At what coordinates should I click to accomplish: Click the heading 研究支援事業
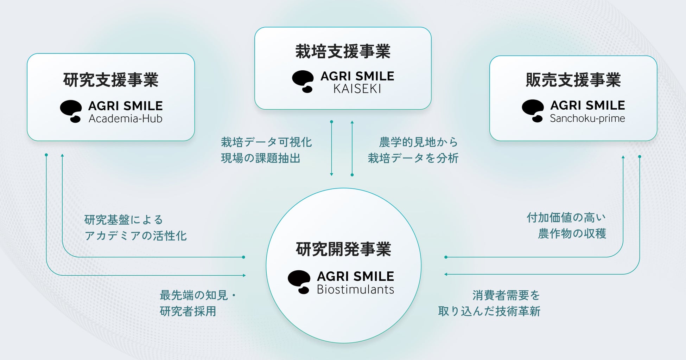pos(111,80)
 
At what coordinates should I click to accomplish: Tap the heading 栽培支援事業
pos(343,52)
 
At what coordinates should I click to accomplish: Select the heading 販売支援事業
pos(573,80)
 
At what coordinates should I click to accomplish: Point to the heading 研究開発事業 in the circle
pos(343,250)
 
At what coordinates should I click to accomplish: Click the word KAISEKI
pos(357,89)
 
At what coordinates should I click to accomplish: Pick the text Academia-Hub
pos(126,119)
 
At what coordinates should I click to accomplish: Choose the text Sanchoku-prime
pos(587,118)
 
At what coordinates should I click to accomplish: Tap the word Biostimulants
pos(355,290)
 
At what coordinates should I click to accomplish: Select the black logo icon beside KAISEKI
pos(303,82)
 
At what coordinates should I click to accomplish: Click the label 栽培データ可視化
pos(266,142)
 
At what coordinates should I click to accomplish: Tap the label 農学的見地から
pos(418,142)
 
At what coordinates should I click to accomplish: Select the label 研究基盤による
pos(124,220)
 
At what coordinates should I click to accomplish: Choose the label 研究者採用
pos(188,311)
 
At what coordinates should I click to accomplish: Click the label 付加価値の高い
pos(566,218)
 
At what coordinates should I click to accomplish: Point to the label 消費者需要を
pos(506,295)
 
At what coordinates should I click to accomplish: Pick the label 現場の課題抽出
pos(261,159)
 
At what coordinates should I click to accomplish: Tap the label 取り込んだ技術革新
pos(489,311)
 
